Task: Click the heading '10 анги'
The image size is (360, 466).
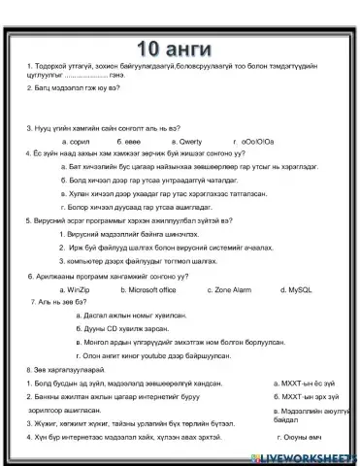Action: (180, 48)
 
